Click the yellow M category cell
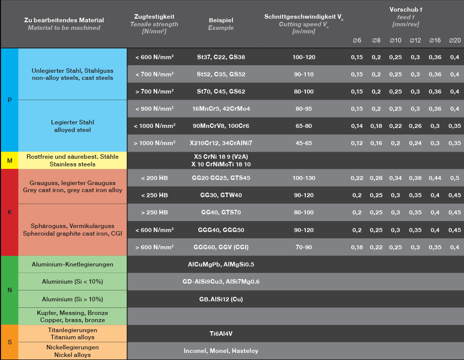tap(10, 161)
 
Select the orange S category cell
tap(10, 342)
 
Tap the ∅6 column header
tap(357, 40)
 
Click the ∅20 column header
tap(454, 40)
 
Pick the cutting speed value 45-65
tap(304, 144)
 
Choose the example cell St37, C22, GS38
tap(221, 57)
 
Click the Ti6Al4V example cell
tap(221, 334)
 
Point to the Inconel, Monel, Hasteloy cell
tap(221, 351)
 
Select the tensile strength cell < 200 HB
tap(154, 178)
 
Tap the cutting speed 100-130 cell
tap(304, 178)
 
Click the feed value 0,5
tap(454, 178)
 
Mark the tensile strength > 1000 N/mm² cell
tap(154, 144)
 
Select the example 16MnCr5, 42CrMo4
tap(221, 109)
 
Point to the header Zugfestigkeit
tap(154, 17)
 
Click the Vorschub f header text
tap(405, 10)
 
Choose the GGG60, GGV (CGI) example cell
tap(221, 247)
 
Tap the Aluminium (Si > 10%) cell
tap(72, 299)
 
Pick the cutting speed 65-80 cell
tap(304, 126)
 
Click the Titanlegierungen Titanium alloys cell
tap(72, 334)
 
